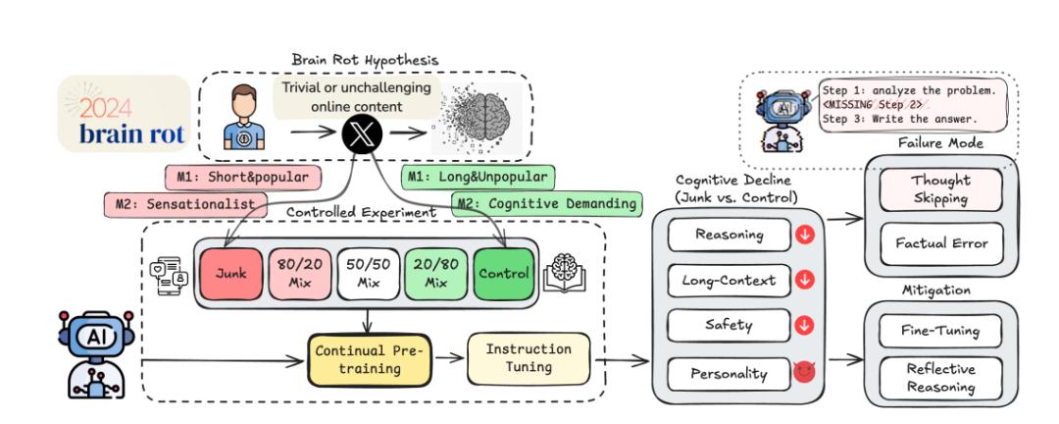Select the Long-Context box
pyautogui.click(x=730, y=281)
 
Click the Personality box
pyautogui.click(x=730, y=373)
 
